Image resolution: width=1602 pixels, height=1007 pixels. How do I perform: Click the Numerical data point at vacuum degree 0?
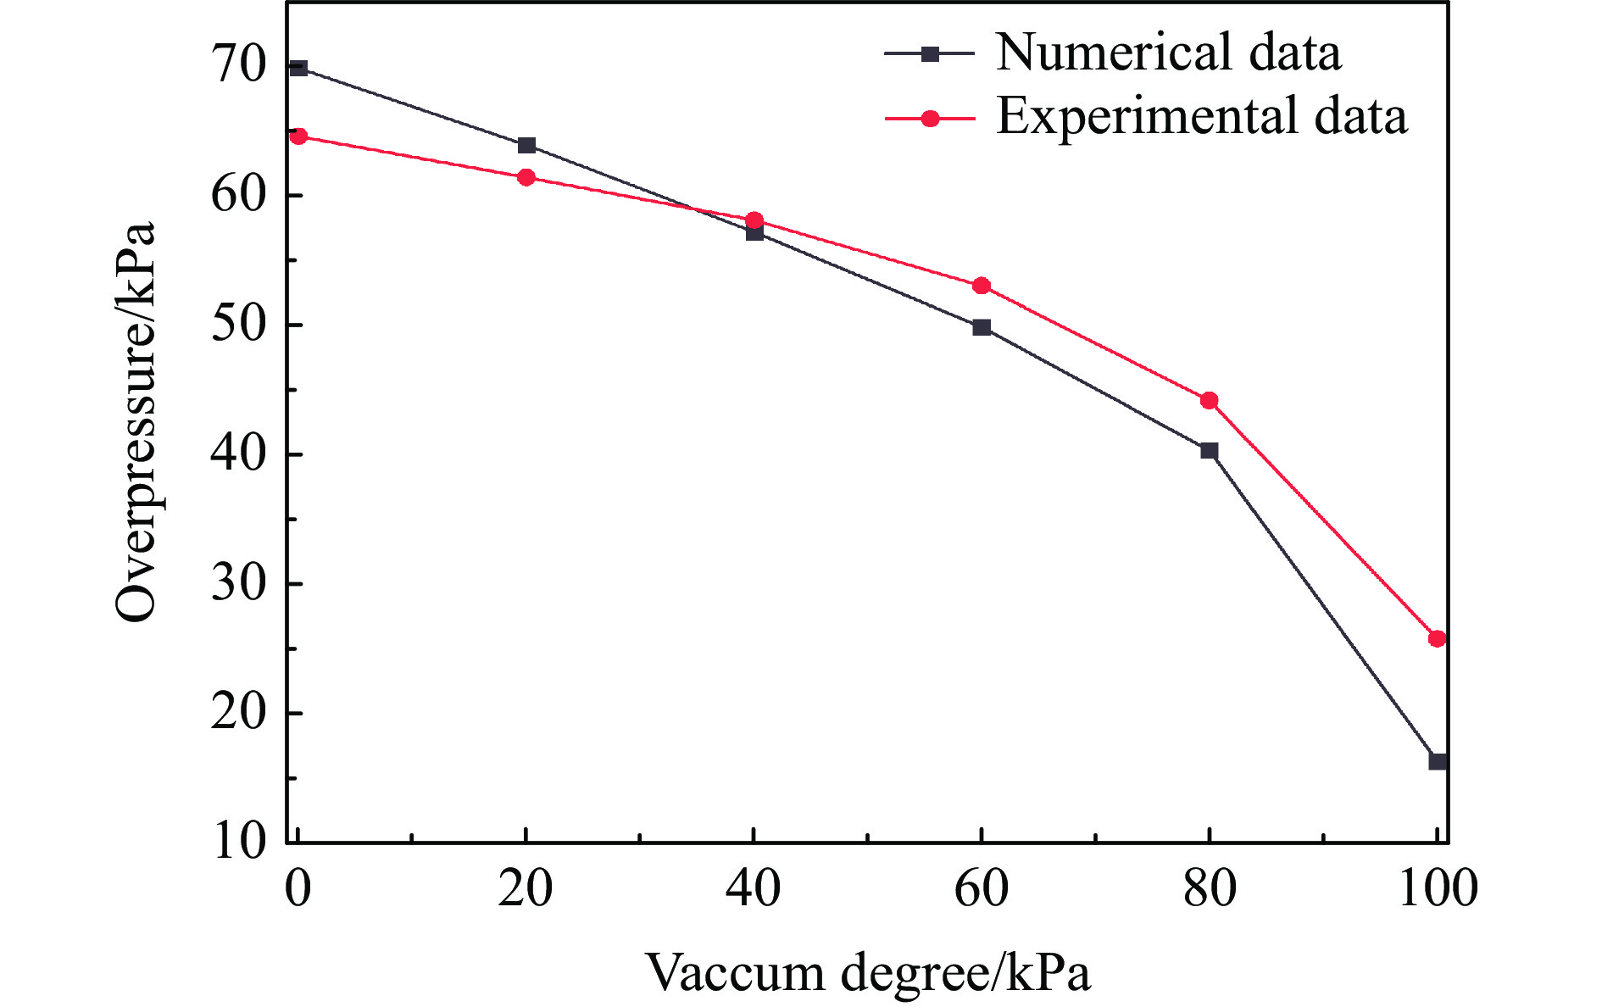[x=298, y=68]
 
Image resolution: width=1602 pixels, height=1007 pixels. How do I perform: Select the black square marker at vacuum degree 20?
[x=526, y=146]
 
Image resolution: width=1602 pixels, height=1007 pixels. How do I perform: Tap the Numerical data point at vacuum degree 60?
[x=982, y=327]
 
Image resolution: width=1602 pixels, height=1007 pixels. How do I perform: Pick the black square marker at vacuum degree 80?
[x=1210, y=450]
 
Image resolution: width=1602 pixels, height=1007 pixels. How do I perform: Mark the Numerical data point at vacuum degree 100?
[x=1438, y=761]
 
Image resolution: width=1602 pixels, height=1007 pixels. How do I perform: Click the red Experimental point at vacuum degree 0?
[x=298, y=136]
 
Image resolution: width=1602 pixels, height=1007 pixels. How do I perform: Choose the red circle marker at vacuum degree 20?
[x=526, y=177]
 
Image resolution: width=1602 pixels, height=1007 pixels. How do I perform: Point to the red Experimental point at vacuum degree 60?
[x=982, y=286]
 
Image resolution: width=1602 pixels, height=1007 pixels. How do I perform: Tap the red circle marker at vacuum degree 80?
[x=1210, y=400]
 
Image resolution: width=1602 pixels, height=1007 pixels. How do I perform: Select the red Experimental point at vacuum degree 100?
[x=1437, y=638]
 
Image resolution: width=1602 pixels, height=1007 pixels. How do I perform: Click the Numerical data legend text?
[x=1168, y=53]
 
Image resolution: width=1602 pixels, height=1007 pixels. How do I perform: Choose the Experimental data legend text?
[x=1201, y=116]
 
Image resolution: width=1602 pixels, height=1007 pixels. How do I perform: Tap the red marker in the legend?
[x=931, y=119]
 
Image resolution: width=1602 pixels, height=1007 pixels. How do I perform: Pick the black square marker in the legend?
[x=931, y=54]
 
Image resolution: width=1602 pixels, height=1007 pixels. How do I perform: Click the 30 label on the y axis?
[x=240, y=584]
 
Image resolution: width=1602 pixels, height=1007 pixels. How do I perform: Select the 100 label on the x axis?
[x=1438, y=889]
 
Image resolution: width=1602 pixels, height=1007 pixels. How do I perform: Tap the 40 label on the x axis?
[x=754, y=889]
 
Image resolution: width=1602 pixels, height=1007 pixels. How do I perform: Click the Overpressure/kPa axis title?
[x=136, y=421]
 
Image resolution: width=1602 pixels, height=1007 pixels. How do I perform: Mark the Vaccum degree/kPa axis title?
[x=869, y=972]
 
